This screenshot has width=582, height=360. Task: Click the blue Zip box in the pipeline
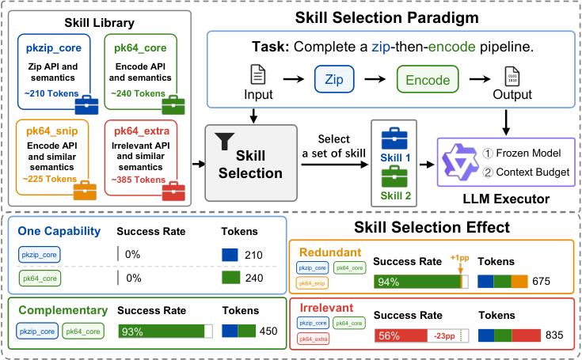[x=334, y=79]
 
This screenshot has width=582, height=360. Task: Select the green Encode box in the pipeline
[x=428, y=79]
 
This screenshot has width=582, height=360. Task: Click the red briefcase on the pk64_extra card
[x=173, y=191]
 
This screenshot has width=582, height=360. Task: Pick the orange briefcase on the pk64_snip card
[x=85, y=190]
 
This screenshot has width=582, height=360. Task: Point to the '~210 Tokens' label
[x=51, y=93]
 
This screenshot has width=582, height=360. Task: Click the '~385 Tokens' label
[x=139, y=180]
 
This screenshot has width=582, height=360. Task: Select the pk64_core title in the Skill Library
[x=140, y=47]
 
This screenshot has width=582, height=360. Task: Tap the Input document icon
[x=258, y=74]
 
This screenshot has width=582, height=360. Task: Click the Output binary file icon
[x=512, y=77]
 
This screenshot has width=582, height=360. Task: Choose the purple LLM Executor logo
[x=460, y=162]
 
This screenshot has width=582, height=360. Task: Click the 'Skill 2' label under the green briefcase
[x=396, y=195]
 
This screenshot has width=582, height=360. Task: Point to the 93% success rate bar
[x=162, y=331]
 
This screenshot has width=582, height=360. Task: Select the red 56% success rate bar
[x=401, y=335]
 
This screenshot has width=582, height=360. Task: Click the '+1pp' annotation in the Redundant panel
[x=460, y=258]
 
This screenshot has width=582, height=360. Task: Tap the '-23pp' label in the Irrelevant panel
[x=445, y=336]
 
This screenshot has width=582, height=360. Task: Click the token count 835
[x=554, y=335]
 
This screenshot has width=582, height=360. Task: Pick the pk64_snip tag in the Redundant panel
[x=312, y=283]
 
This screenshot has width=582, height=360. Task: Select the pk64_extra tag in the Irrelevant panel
[x=314, y=339]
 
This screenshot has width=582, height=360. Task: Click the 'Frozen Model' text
[x=528, y=153]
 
